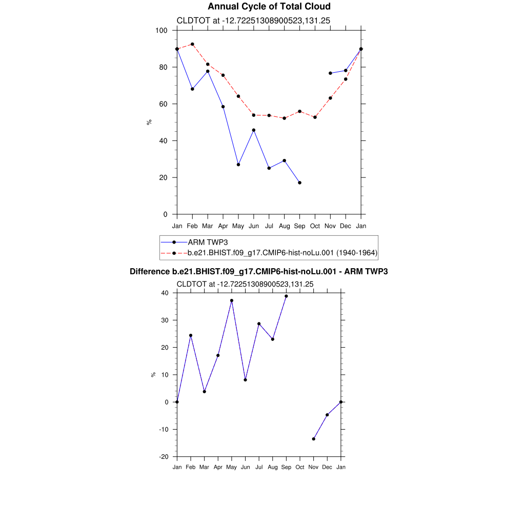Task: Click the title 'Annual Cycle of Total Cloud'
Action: [269, 7]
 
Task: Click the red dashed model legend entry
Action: [282, 253]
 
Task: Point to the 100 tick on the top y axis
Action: [161, 30]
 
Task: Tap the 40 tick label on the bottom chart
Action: [165, 293]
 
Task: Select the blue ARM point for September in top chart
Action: [299, 183]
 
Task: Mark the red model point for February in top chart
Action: [192, 44]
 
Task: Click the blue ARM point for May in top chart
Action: [238, 165]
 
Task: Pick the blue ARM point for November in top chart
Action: [330, 73]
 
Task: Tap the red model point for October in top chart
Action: [315, 117]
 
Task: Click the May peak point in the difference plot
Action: [232, 300]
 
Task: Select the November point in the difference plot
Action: [313, 439]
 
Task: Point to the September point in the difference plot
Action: [286, 296]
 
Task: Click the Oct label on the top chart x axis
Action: [315, 226]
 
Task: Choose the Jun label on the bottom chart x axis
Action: [245, 467]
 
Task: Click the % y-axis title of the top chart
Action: [149, 122]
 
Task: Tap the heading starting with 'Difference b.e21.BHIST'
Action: [258, 271]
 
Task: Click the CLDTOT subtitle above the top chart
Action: [253, 21]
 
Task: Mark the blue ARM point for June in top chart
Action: [254, 130]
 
